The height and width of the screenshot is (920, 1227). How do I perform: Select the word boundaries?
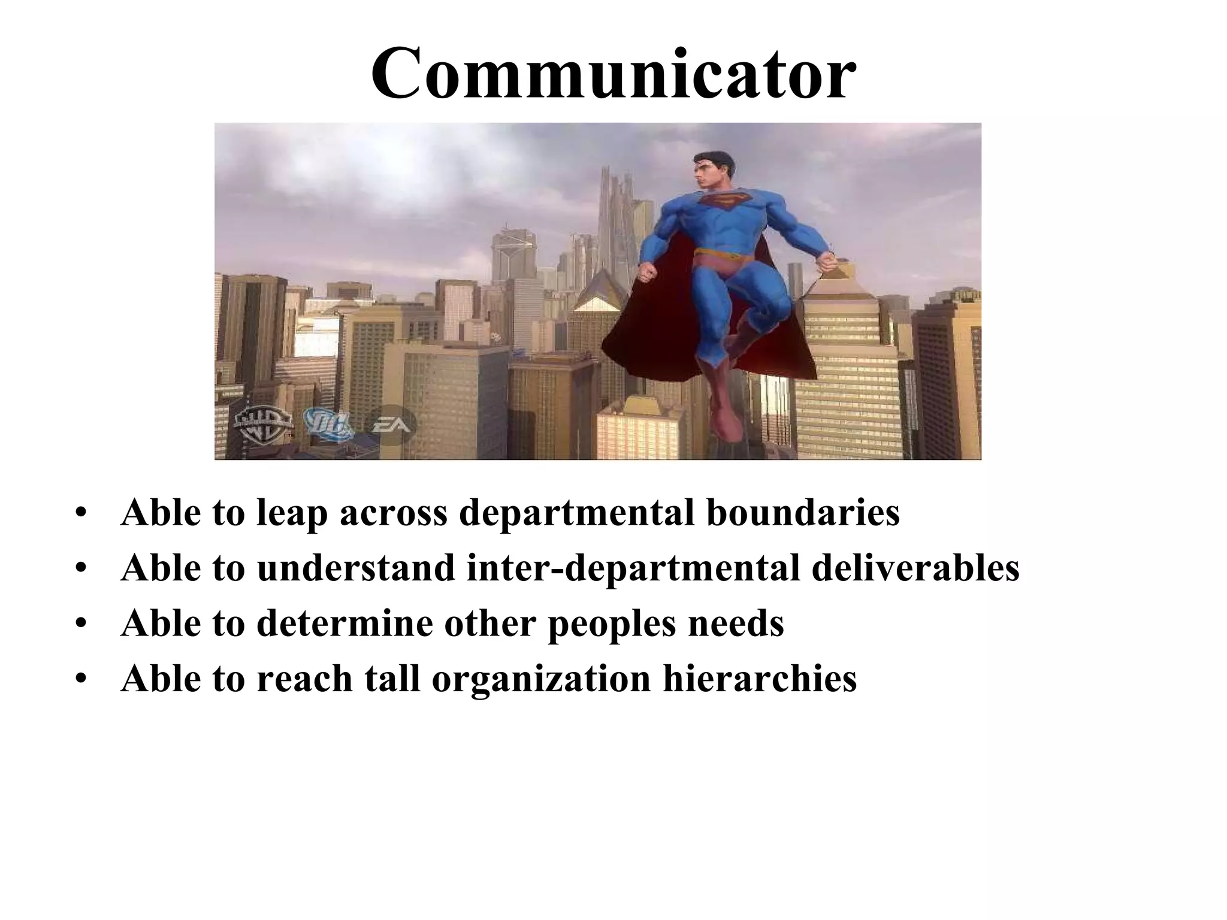(x=803, y=513)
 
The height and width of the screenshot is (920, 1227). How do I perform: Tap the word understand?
(x=356, y=568)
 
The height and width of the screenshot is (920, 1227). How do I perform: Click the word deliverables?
(x=915, y=568)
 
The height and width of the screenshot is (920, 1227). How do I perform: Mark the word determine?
(x=344, y=623)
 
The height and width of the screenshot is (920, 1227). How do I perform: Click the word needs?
(x=736, y=623)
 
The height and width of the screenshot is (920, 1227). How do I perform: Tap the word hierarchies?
(x=760, y=678)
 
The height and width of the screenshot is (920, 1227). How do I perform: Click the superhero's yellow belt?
(x=723, y=258)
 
